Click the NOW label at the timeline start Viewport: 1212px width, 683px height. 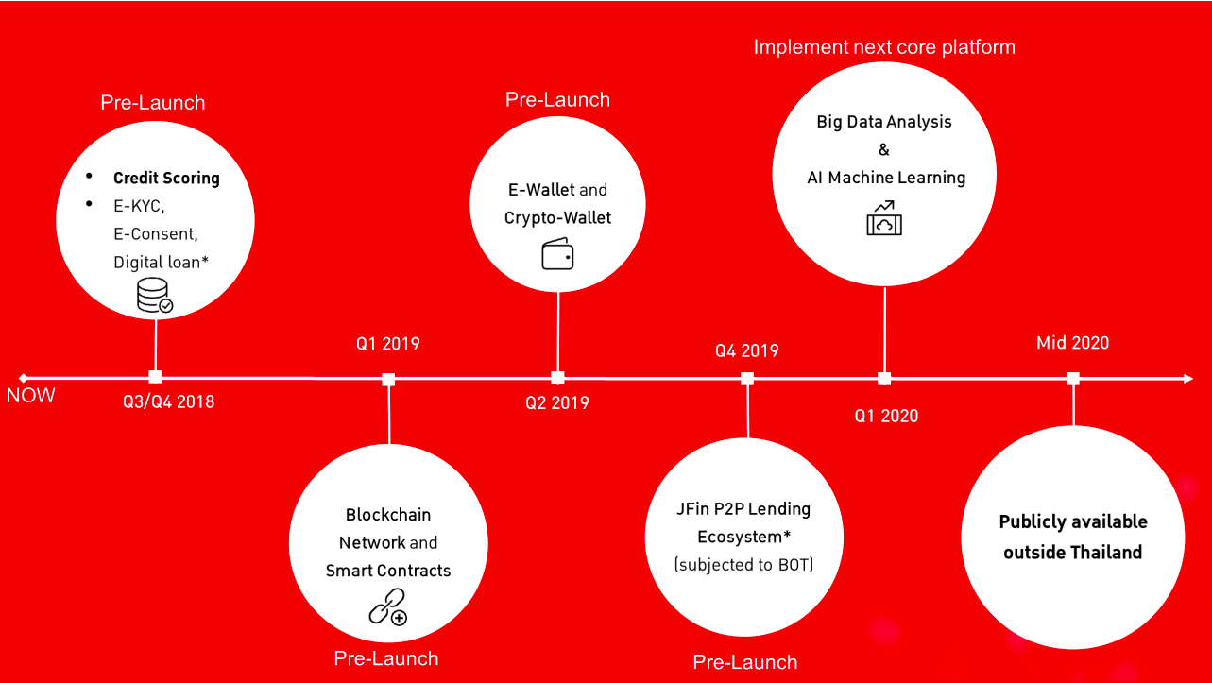tap(31, 396)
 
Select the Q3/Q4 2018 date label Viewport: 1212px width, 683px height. tap(168, 401)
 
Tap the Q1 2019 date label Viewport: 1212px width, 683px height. tap(387, 344)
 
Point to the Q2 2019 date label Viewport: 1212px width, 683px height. tap(557, 402)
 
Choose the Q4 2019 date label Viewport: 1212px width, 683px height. tap(746, 350)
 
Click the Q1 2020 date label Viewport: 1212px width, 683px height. tap(886, 416)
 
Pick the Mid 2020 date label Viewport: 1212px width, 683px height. tap(1072, 343)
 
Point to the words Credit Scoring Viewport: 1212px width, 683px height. tap(166, 178)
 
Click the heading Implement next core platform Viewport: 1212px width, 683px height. tap(884, 47)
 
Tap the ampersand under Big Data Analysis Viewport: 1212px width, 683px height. tap(884, 149)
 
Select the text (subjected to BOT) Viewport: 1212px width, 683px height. tap(743, 565)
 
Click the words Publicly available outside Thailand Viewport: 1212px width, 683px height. tap(1072, 537)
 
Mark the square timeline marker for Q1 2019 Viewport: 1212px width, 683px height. tap(388, 380)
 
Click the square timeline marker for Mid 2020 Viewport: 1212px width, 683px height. tap(1072, 379)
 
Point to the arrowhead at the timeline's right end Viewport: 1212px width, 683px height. tap(1189, 379)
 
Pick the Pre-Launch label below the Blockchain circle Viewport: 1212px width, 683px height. tap(386, 658)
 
